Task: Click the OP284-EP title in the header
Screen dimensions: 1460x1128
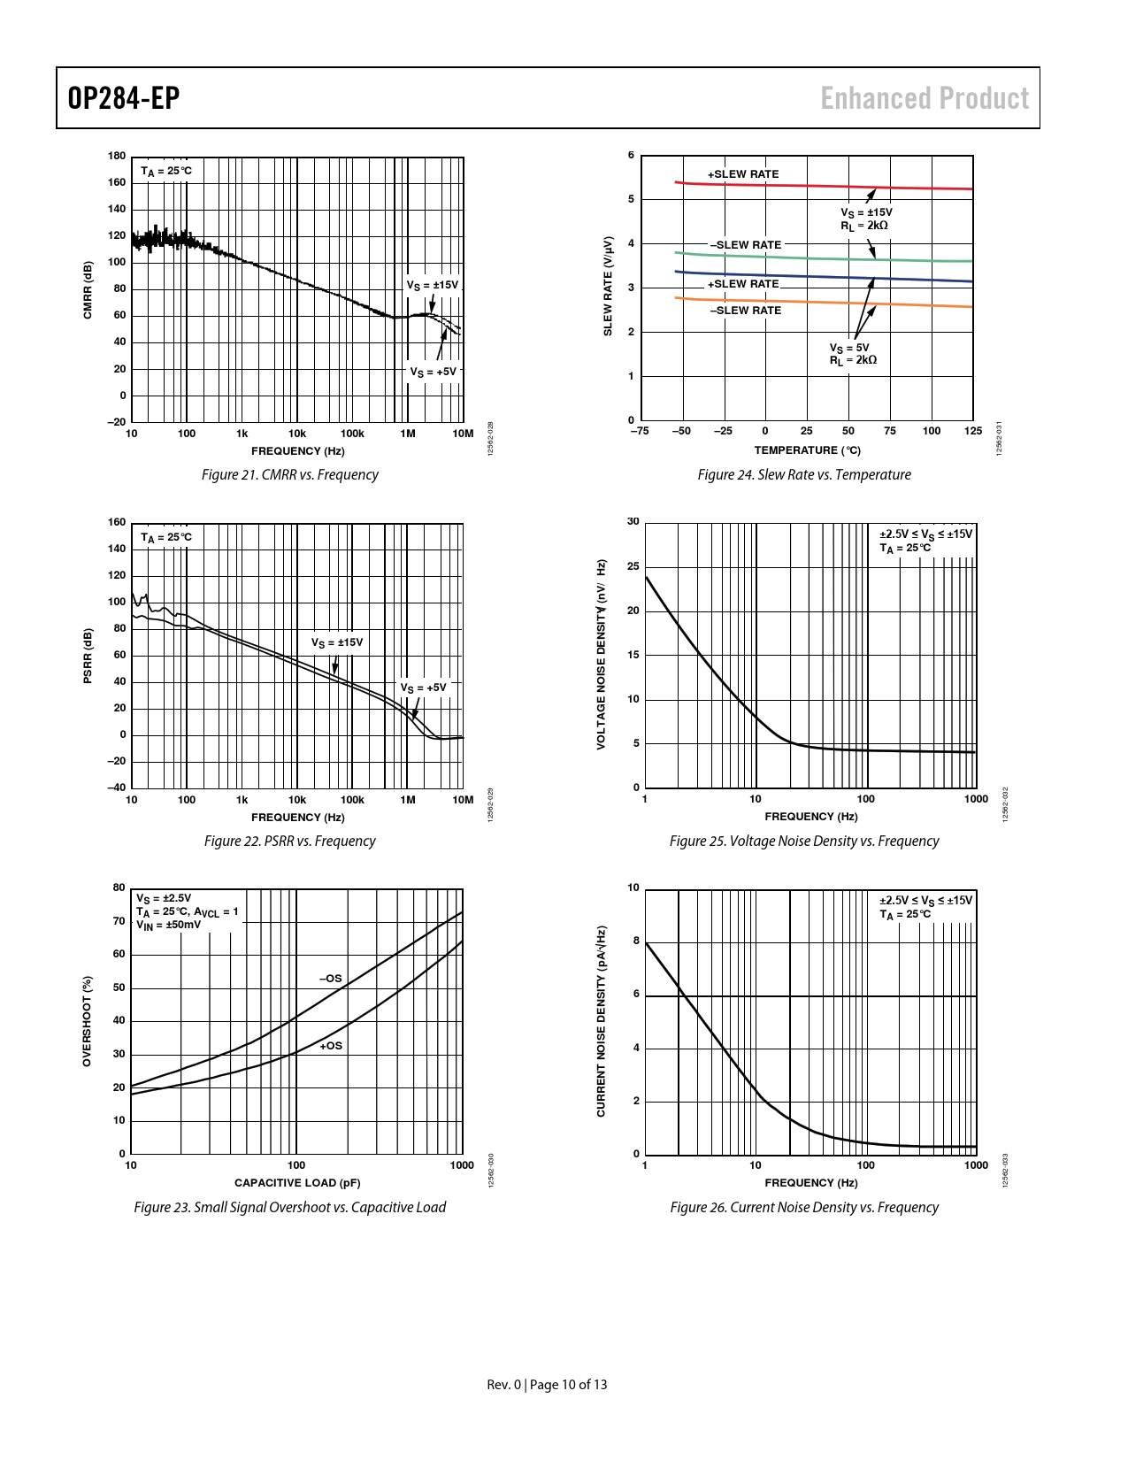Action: click(124, 98)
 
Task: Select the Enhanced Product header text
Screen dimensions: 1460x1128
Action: click(925, 98)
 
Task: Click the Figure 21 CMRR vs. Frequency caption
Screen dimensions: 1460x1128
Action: click(289, 475)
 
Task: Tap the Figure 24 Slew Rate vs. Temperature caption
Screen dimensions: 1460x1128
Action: click(803, 475)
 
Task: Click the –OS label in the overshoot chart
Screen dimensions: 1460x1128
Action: click(330, 979)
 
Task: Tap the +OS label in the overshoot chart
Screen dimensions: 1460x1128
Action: click(331, 1046)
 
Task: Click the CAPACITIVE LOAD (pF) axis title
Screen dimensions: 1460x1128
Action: click(297, 1183)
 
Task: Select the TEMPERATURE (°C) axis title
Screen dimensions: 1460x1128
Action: click(807, 450)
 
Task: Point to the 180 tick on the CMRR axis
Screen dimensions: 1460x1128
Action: click(117, 156)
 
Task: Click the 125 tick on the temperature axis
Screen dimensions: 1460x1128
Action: click(973, 432)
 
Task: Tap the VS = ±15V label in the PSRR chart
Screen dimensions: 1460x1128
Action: click(336, 642)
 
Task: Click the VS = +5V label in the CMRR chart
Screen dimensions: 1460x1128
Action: click(433, 372)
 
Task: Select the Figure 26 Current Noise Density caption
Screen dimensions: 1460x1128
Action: click(803, 1208)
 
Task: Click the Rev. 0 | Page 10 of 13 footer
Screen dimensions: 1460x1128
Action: click(547, 1385)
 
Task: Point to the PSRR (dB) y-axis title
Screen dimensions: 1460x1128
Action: click(88, 656)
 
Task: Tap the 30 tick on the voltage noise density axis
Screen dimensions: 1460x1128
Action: click(633, 521)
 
